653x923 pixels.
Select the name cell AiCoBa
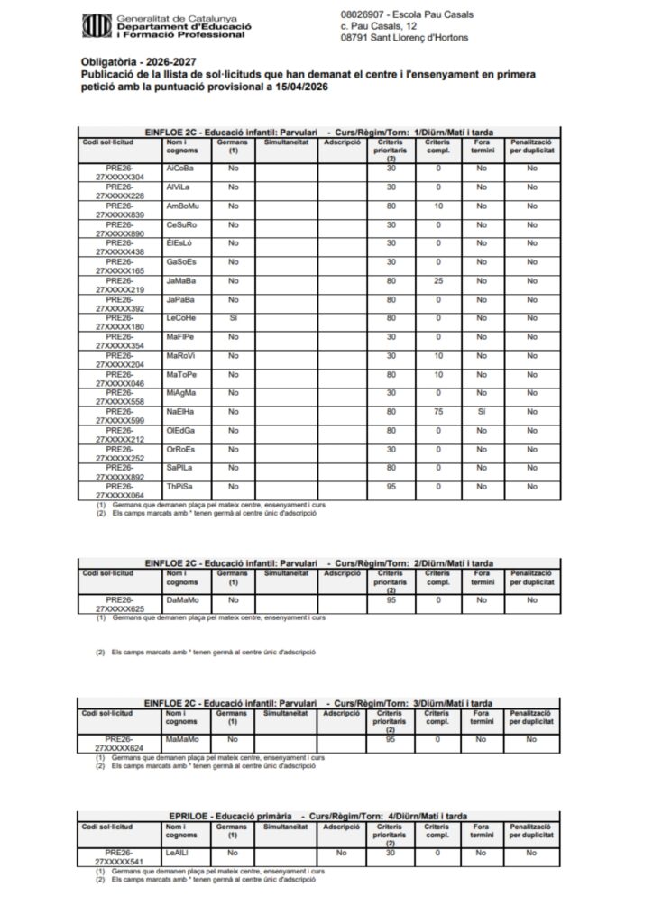[x=180, y=169]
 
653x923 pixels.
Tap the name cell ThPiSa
[x=180, y=487]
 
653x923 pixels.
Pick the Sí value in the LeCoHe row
[x=233, y=318]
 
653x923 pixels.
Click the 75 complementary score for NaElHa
[x=437, y=412]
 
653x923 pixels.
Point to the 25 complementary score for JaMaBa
[x=437, y=280]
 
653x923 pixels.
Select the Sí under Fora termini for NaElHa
[x=482, y=412]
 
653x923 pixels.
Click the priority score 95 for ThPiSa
[x=391, y=487]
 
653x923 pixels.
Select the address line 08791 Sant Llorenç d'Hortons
[x=405, y=38]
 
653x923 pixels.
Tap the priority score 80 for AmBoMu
[x=391, y=206]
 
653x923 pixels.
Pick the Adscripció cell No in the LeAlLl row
[x=341, y=852]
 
